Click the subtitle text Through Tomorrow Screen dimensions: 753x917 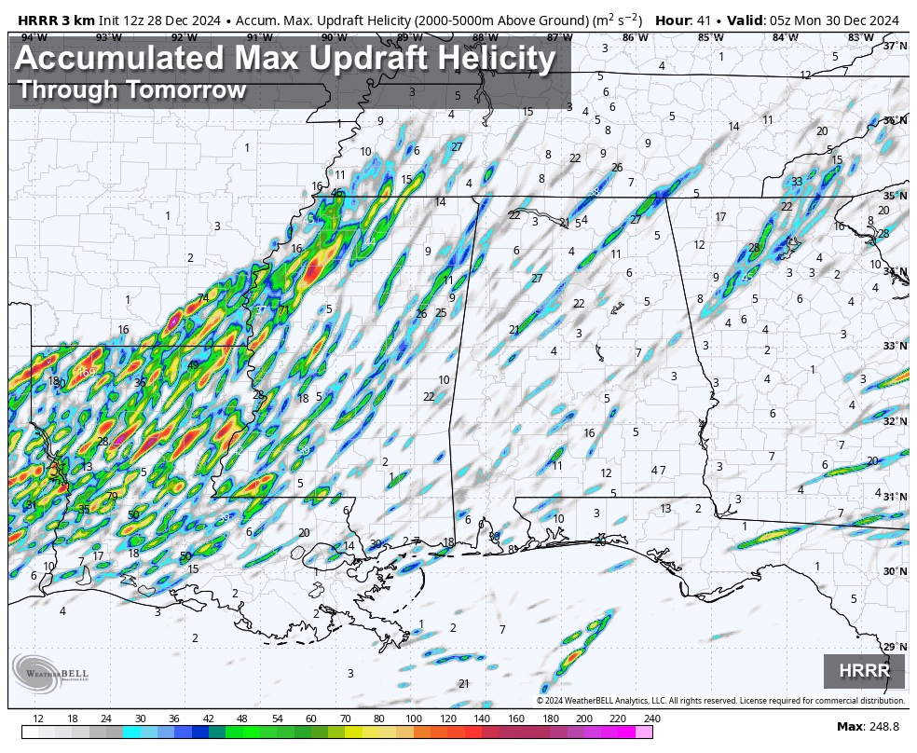click(x=131, y=90)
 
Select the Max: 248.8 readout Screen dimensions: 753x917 click(x=869, y=726)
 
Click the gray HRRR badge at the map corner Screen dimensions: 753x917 click(x=864, y=671)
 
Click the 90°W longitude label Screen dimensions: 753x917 click(x=334, y=37)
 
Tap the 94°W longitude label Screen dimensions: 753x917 click(x=34, y=37)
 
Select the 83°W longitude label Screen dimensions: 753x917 click(x=860, y=37)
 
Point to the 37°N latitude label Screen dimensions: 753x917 click(x=895, y=46)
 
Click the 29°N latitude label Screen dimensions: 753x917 click(x=895, y=647)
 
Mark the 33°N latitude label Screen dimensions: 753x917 click(x=895, y=347)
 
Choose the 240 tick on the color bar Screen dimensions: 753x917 click(x=651, y=719)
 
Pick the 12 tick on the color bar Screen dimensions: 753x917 click(x=38, y=719)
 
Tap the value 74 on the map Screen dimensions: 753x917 click(x=203, y=298)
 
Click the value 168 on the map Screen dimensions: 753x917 click(x=87, y=373)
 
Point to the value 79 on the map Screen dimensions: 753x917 click(x=111, y=497)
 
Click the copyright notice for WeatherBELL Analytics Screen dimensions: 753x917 click(x=720, y=701)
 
